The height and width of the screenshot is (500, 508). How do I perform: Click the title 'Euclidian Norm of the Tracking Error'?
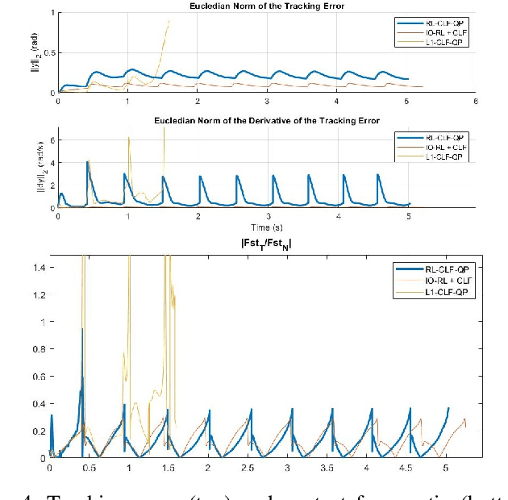click(266, 6)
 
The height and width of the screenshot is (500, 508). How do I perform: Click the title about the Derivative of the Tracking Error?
click(266, 120)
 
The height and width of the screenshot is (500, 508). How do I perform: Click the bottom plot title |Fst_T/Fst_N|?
click(266, 243)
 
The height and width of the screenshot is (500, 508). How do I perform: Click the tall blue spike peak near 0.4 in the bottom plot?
click(82, 329)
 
